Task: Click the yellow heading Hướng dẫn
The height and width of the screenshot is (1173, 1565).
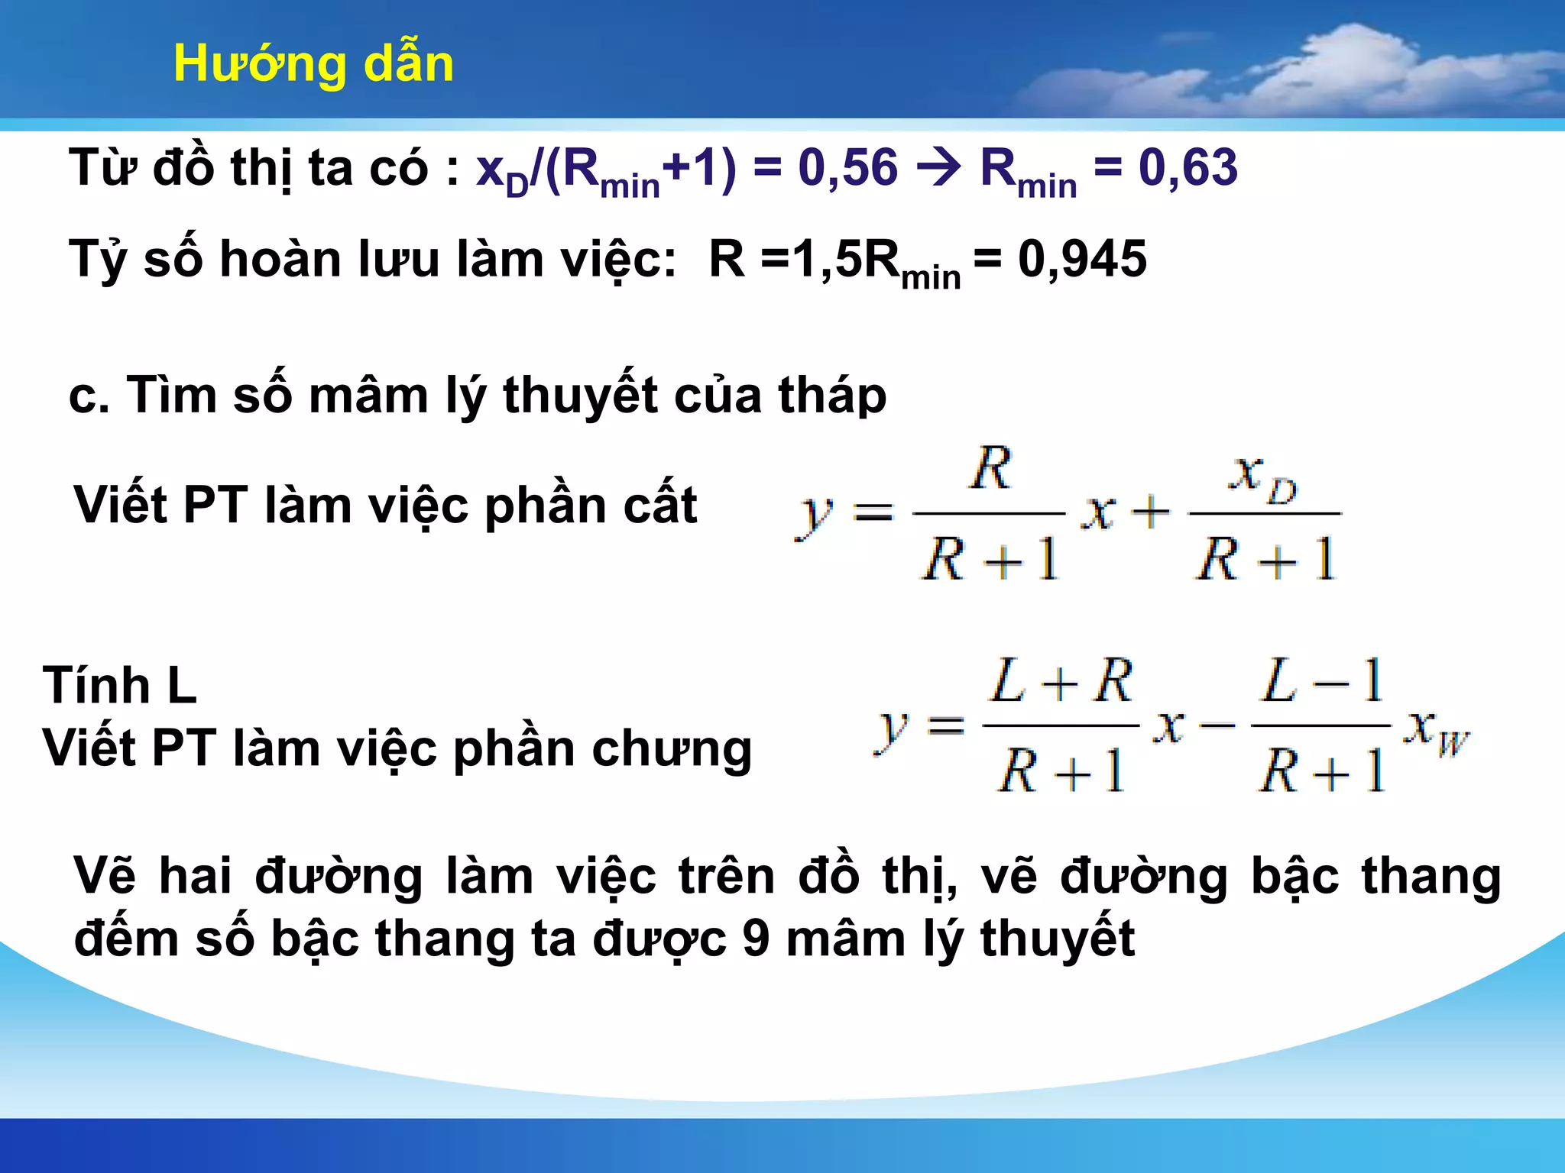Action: [313, 64]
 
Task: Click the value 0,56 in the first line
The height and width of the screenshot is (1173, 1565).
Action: [847, 168]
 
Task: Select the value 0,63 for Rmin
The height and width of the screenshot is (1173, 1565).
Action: [1188, 168]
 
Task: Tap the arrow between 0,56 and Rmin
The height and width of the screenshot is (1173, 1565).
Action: [938, 168]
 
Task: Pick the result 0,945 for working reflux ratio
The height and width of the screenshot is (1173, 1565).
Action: [1082, 260]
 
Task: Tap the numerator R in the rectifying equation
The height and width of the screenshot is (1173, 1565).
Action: [991, 468]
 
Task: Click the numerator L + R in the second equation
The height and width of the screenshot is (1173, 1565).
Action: [1061, 681]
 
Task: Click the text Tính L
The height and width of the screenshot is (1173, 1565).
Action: [120, 686]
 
